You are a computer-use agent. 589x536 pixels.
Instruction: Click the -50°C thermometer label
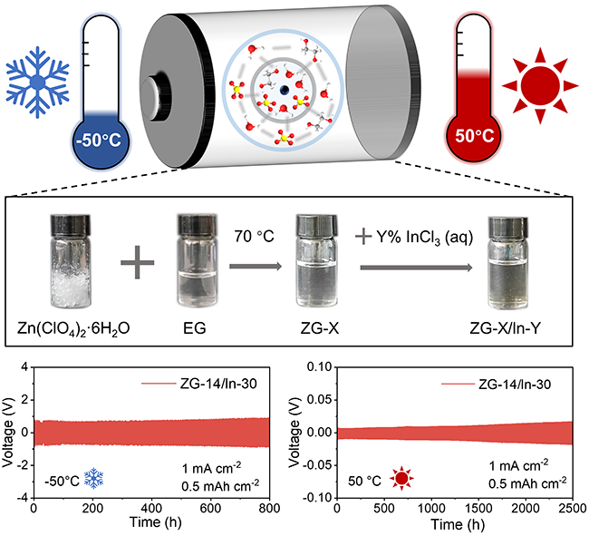(101, 141)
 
